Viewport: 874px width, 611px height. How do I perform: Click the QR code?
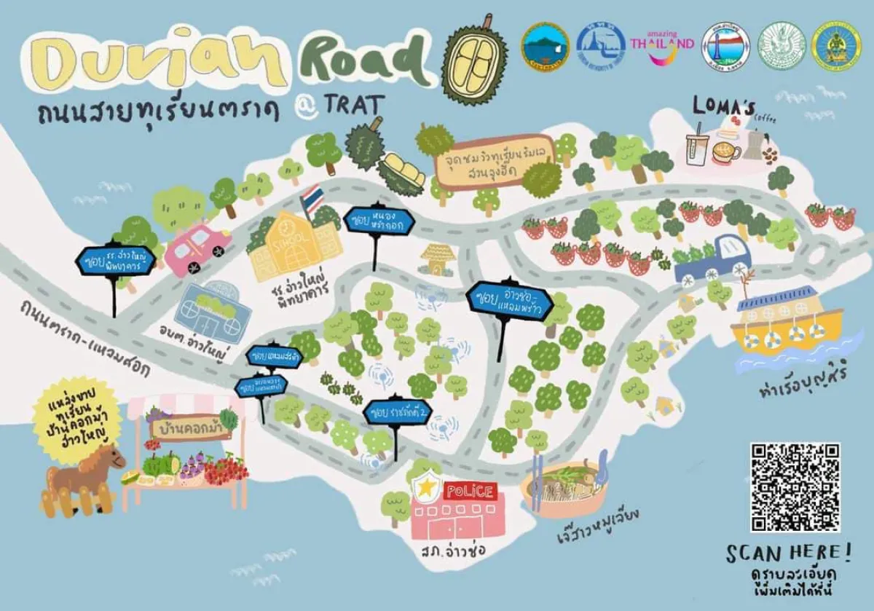[795, 486]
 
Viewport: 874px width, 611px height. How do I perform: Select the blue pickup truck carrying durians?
[713, 259]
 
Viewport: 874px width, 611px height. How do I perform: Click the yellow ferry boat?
[785, 320]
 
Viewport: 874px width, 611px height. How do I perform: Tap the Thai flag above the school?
[312, 200]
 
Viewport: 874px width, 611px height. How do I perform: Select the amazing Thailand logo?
[661, 42]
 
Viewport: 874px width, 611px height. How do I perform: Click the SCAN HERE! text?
[787, 553]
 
